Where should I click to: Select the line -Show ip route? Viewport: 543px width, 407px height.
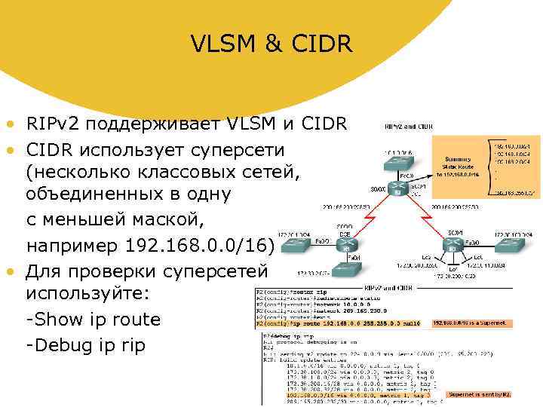(x=94, y=319)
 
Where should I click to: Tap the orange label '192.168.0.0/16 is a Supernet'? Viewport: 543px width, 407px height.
(x=472, y=323)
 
